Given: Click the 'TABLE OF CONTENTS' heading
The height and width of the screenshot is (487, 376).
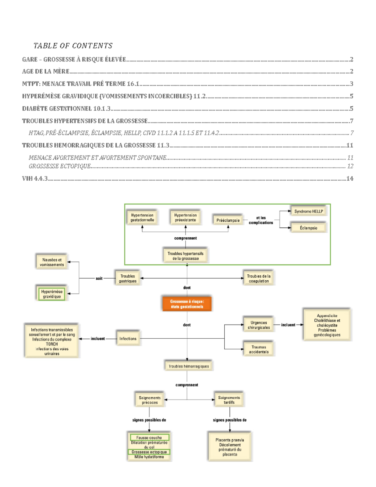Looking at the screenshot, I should (73, 46).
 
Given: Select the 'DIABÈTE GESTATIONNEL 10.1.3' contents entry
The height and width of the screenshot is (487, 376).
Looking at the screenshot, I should (66, 109).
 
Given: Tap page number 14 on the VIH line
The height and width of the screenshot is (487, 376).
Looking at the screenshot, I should (350, 178).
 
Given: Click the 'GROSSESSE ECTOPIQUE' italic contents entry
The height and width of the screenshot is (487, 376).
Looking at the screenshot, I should (60, 166).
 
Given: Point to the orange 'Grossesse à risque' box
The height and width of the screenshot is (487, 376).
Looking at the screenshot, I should (187, 304).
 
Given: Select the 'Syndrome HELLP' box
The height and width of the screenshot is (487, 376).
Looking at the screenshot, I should (308, 211).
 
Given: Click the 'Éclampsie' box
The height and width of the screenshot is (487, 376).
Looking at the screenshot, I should (308, 228).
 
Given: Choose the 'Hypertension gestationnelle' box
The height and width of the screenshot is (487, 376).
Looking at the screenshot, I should (142, 218).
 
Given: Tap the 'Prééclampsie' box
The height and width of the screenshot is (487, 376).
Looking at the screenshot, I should (228, 220).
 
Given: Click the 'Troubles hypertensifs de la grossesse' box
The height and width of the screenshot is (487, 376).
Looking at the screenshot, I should (185, 256).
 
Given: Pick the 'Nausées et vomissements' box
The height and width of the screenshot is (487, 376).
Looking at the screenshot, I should (52, 262).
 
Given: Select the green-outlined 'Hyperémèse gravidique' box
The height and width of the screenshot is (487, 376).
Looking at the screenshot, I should (52, 294).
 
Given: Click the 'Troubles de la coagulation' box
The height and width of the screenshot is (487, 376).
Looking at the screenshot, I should (258, 278).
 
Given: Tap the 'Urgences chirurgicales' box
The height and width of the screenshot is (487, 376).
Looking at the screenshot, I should (258, 325).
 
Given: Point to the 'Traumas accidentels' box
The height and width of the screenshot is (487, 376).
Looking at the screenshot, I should (258, 349).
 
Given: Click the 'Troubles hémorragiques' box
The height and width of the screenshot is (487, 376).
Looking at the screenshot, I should (189, 366).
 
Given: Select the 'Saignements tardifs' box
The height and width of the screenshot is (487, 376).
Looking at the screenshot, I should (229, 400).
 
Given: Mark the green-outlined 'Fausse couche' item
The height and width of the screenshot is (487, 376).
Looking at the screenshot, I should (149, 437).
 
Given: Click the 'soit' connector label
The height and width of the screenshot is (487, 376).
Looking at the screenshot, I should (99, 278).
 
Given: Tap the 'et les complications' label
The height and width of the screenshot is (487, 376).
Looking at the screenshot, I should (261, 220).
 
